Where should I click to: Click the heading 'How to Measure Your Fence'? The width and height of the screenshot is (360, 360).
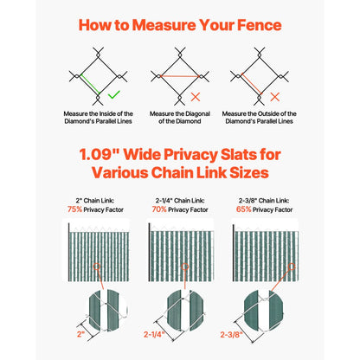(180, 23)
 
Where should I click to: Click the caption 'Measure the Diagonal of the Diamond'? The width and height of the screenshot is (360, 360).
(180, 117)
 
